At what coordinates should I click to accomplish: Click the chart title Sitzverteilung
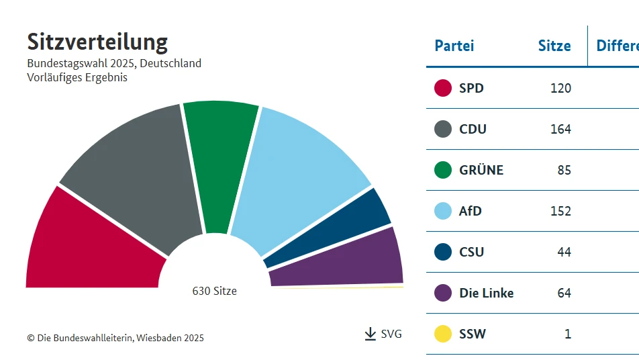click(x=97, y=42)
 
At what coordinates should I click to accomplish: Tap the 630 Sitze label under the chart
click(x=214, y=291)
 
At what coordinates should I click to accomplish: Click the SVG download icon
click(x=371, y=334)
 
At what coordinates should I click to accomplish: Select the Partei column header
click(x=454, y=46)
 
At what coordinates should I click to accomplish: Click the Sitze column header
click(x=554, y=46)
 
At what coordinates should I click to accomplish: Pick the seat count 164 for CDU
click(x=560, y=129)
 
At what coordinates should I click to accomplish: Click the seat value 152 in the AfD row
click(x=560, y=211)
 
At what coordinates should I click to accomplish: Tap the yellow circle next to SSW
click(x=443, y=334)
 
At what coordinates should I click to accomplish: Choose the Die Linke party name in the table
click(x=486, y=293)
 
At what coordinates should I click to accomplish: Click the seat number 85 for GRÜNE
click(x=564, y=170)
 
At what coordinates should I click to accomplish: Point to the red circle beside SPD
click(x=443, y=88)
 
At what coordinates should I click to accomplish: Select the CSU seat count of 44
click(x=564, y=252)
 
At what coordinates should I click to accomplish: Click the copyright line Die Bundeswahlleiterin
click(x=115, y=338)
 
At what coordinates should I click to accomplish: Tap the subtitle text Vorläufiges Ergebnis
click(x=77, y=77)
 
